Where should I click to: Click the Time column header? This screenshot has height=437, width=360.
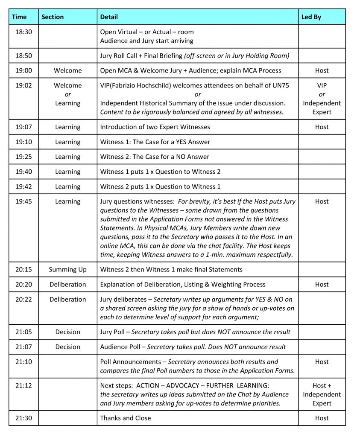point(19,17)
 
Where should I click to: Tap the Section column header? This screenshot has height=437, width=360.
point(53,17)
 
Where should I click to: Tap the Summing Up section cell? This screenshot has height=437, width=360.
point(67,269)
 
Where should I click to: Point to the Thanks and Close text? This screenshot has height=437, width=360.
point(126,418)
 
